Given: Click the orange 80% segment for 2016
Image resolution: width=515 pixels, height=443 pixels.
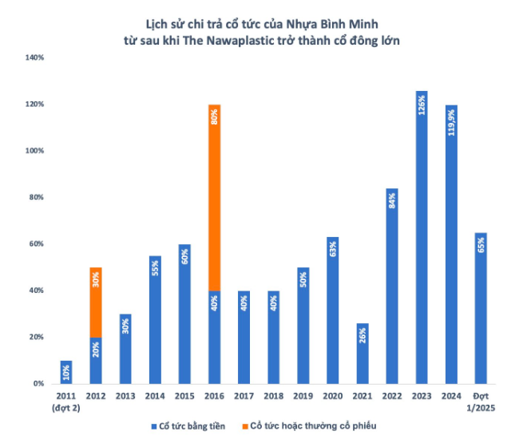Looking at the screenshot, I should click(214, 197).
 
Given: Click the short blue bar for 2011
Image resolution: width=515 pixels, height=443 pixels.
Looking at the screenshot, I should click(66, 372).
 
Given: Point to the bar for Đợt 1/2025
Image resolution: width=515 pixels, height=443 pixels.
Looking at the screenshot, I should click(481, 308).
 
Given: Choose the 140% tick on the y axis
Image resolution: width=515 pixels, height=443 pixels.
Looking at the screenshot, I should click(37, 57).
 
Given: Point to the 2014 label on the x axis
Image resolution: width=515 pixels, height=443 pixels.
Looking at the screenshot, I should click(155, 397).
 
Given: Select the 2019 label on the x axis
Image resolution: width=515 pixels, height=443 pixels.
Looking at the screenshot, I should click(303, 397).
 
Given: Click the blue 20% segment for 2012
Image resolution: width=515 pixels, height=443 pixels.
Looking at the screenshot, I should click(96, 361).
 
